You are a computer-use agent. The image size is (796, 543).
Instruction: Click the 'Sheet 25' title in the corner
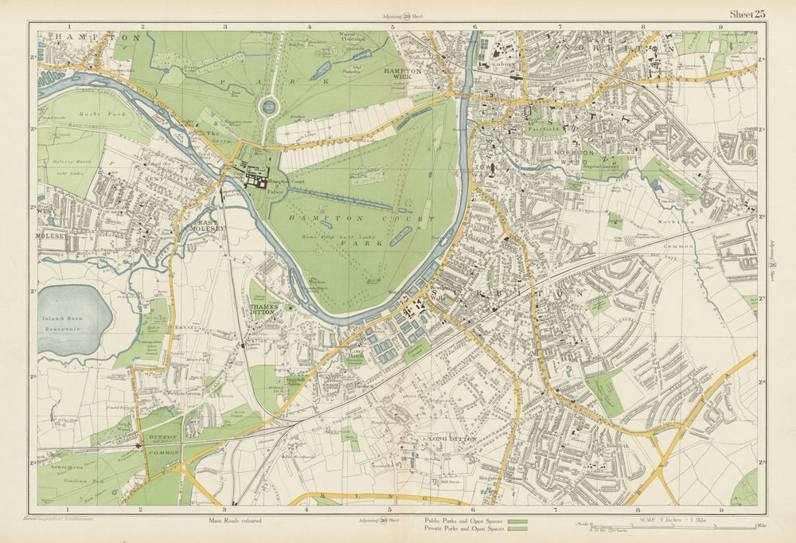tap(747, 13)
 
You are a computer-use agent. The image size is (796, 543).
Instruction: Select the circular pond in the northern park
tap(269, 106)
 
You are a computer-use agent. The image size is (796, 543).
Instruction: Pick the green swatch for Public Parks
tap(518, 522)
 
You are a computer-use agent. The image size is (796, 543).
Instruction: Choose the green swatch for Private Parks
tap(518, 529)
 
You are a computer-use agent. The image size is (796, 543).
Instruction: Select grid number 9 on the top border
tap(720, 26)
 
